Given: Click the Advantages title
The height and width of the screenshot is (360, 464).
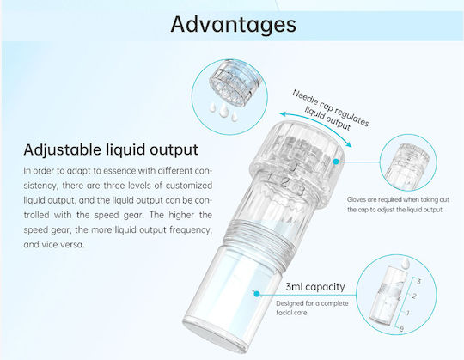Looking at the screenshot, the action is (x=233, y=25).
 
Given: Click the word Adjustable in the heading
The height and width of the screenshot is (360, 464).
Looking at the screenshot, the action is (x=62, y=149).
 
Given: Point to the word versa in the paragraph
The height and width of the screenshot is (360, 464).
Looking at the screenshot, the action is (x=71, y=245).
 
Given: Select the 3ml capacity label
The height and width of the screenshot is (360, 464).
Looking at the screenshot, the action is (x=315, y=287).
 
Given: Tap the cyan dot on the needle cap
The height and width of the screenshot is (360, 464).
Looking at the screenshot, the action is (x=336, y=162).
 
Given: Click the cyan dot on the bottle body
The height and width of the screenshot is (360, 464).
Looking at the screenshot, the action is (x=257, y=294).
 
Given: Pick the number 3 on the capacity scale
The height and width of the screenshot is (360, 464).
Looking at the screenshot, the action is (x=418, y=281).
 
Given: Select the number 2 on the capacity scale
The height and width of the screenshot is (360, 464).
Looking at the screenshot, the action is (x=414, y=296).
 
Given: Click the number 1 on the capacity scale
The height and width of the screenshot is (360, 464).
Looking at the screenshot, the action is (x=408, y=313).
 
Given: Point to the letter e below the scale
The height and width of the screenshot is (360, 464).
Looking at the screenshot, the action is (x=401, y=329).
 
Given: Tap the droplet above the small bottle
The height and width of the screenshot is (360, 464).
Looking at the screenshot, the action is (x=406, y=262).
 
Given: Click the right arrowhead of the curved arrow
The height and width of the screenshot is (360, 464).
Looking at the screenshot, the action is (x=349, y=144).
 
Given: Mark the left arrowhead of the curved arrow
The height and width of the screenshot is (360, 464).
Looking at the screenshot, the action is (x=283, y=114).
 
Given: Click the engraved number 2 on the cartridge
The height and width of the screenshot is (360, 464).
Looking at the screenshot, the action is (x=284, y=183).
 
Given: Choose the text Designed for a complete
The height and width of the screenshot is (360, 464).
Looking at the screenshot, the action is (x=312, y=303).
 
